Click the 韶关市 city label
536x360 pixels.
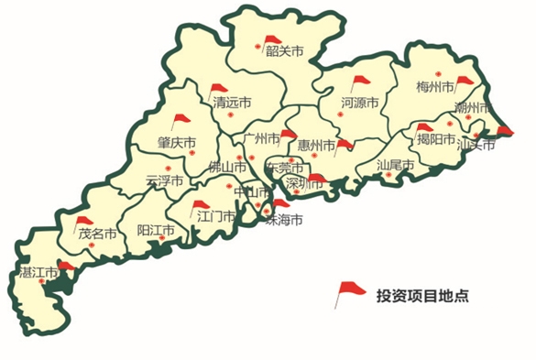284,51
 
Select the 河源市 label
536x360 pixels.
359,103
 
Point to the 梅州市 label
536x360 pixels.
435,88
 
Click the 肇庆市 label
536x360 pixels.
177,143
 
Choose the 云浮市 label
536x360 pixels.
164,180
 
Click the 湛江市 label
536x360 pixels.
38,272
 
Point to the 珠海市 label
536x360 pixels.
283,221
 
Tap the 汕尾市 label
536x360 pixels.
396,166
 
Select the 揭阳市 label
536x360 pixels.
435,139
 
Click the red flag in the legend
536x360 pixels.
350,292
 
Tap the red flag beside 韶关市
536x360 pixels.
272,40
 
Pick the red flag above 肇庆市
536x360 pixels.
181,120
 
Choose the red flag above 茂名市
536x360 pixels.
84,221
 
